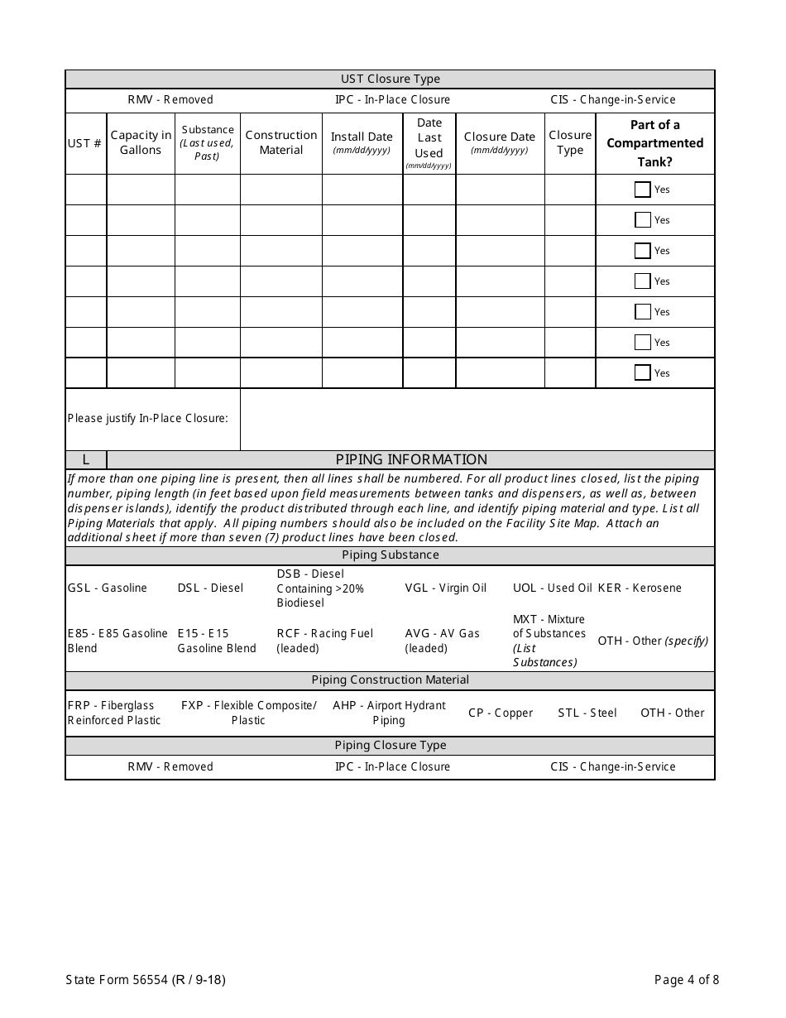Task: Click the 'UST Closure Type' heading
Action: coord(391,79)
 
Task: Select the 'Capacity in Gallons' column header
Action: coord(141,142)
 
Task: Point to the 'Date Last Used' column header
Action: coord(429,142)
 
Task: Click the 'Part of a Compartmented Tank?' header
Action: coord(654,143)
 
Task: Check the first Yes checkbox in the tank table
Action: coord(642,190)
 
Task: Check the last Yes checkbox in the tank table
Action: coord(642,373)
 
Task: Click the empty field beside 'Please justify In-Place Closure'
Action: coord(477,419)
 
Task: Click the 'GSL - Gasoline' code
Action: coord(108,588)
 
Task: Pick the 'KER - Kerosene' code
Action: coord(640,588)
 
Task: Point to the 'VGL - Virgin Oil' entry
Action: coord(445,588)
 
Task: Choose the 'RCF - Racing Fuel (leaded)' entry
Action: coord(324,641)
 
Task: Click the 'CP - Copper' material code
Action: coord(501,713)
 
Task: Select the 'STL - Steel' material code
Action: coord(587,713)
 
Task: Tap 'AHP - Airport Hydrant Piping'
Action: coord(389,713)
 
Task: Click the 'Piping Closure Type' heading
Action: coord(391,746)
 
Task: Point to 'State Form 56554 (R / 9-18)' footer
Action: coord(146,980)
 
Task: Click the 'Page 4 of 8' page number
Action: coord(686,980)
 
